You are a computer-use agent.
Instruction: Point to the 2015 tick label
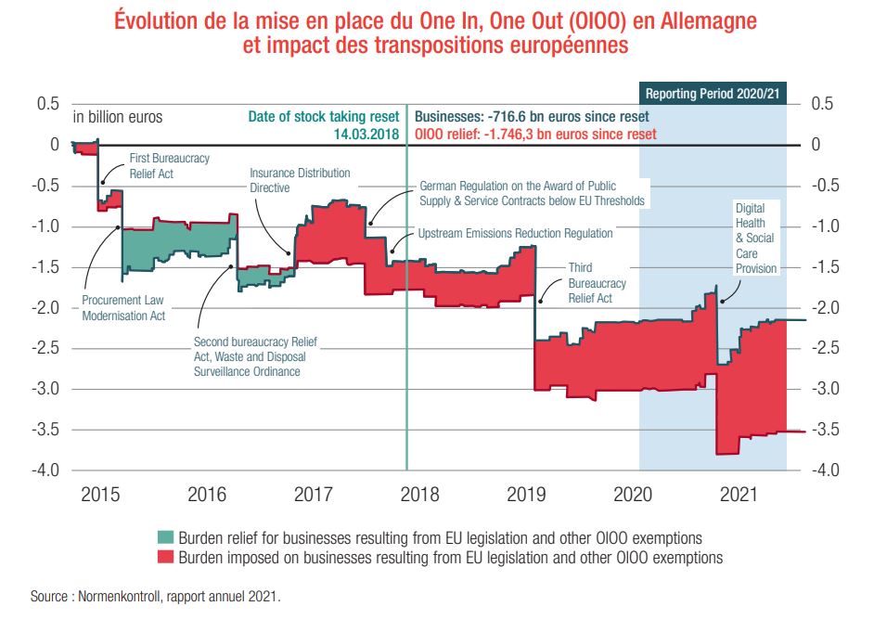[100, 494]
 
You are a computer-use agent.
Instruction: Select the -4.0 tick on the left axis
[46, 471]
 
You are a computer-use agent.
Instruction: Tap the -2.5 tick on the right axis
[827, 348]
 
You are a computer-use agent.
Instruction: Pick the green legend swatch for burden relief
[166, 538]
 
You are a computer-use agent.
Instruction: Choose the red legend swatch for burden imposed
[166, 558]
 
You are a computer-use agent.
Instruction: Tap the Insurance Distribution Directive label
[300, 180]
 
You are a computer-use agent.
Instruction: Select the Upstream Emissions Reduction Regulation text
[515, 233]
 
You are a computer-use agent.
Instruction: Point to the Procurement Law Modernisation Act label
[123, 308]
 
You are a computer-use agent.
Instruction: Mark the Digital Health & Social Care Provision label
[753, 238]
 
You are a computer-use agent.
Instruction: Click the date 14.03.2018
[367, 134]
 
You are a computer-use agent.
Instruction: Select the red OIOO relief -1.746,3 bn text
[535, 134]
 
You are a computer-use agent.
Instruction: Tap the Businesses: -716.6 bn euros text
[532, 117]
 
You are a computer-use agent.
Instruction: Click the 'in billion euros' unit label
[118, 117]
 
